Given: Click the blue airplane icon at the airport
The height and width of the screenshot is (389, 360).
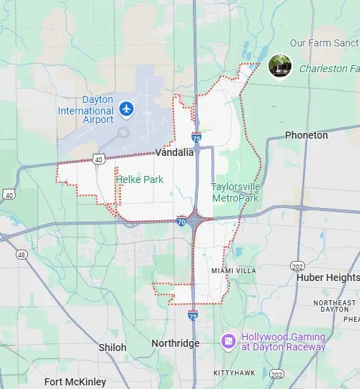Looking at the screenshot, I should pyautogui.click(x=127, y=109).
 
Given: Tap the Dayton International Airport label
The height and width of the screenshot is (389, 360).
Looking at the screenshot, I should pyautogui.click(x=87, y=110).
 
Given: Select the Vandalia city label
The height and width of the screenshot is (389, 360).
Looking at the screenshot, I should pyautogui.click(x=174, y=152).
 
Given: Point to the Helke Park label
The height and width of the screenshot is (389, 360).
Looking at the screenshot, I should pyautogui.click(x=139, y=179).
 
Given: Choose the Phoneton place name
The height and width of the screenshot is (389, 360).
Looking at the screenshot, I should pyautogui.click(x=306, y=135).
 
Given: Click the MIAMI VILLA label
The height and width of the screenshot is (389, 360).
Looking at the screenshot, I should pyautogui.click(x=229, y=270).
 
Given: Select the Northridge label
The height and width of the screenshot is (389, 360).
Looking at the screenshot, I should pyautogui.click(x=175, y=344).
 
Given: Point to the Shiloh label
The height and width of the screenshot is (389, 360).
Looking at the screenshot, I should pyautogui.click(x=112, y=348).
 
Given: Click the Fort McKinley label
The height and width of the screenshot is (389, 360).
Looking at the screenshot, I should pyautogui.click(x=75, y=381).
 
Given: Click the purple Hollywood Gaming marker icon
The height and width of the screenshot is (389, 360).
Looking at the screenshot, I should pyautogui.click(x=229, y=341).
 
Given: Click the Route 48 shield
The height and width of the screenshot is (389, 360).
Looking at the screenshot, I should pyautogui.click(x=21, y=255).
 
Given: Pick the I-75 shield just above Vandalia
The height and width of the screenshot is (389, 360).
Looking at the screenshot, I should pyautogui.click(x=196, y=137).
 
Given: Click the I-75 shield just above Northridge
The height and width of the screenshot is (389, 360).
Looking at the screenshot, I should pyautogui.click(x=193, y=315).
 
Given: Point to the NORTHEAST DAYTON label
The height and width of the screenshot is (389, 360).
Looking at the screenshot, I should pyautogui.click(x=334, y=306).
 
